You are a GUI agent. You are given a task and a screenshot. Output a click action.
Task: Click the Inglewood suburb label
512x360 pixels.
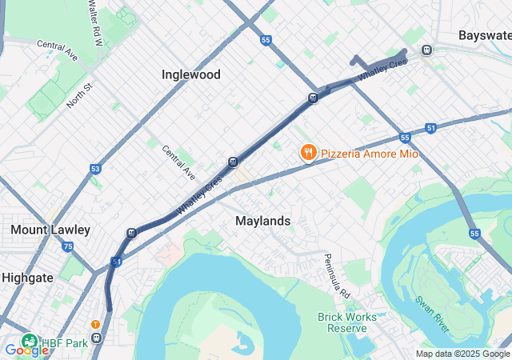[x=190, y=74]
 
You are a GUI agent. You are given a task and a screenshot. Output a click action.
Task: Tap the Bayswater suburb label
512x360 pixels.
[x=484, y=35]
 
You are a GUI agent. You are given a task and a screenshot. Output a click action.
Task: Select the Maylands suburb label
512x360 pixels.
[x=262, y=220]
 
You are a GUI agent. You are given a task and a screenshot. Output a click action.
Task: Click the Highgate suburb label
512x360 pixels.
[x=27, y=278]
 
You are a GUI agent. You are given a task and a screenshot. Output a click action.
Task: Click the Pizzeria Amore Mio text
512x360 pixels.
[x=370, y=153]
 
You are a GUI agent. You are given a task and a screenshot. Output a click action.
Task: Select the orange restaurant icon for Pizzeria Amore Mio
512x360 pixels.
[x=307, y=152]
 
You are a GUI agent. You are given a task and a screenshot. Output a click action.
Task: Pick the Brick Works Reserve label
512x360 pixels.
[x=346, y=322]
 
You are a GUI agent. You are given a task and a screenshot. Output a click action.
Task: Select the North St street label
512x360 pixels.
[x=80, y=98]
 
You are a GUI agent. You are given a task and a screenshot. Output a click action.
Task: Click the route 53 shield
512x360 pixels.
[x=95, y=169]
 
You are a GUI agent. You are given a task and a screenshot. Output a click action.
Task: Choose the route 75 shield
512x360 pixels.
[x=67, y=247]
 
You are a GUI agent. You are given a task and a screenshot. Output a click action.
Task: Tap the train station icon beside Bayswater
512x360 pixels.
[x=427, y=50]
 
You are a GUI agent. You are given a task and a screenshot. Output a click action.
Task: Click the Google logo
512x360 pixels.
[x=26, y=350]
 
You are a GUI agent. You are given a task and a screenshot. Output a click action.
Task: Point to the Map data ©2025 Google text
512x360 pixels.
[x=462, y=354]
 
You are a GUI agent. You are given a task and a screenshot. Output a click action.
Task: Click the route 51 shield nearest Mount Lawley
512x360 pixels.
[x=117, y=262]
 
